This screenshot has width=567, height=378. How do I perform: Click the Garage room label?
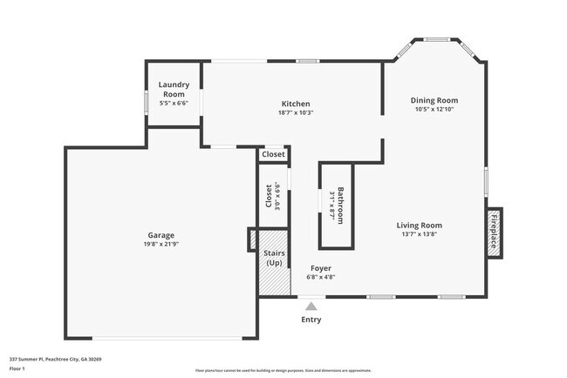tap(161, 235)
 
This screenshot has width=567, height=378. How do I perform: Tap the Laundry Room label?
tap(173, 89)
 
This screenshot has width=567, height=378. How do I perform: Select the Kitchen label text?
tap(296, 104)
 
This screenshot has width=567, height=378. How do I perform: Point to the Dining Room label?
tap(434, 100)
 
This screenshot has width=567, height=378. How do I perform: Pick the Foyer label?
tap(320, 268)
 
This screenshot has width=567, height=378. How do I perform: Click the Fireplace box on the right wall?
tap(494, 232)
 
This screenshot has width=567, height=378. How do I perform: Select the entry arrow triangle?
tap(311, 306)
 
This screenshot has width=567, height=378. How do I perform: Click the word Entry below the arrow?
tap(311, 320)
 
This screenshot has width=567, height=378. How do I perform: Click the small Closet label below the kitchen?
tap(273, 154)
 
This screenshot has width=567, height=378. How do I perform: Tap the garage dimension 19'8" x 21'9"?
tap(161, 245)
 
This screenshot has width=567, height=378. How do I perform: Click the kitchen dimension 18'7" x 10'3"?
tap(296, 112)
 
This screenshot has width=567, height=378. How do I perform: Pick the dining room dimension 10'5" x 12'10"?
tap(434, 109)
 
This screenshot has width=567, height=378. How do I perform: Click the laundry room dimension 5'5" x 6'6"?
tap(173, 103)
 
